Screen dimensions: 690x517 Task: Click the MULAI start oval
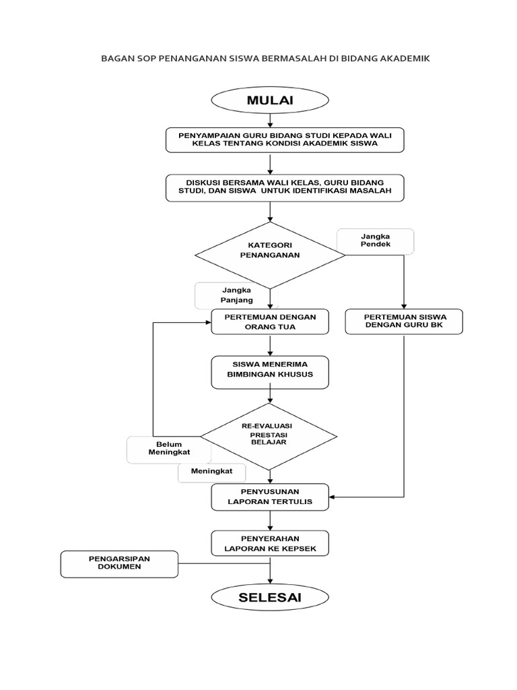click(x=270, y=101)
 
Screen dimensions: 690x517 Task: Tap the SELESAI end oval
click(x=270, y=598)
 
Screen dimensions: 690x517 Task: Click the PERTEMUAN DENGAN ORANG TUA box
click(x=270, y=321)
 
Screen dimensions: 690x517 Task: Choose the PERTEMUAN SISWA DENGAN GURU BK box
click(x=403, y=321)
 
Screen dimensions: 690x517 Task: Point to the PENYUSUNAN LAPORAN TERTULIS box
click(x=270, y=497)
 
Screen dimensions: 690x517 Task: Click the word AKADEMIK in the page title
click(x=400, y=59)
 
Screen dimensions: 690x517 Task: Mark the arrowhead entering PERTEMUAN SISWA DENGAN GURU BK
click(x=403, y=306)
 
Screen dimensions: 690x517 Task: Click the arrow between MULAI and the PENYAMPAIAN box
click(x=270, y=120)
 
